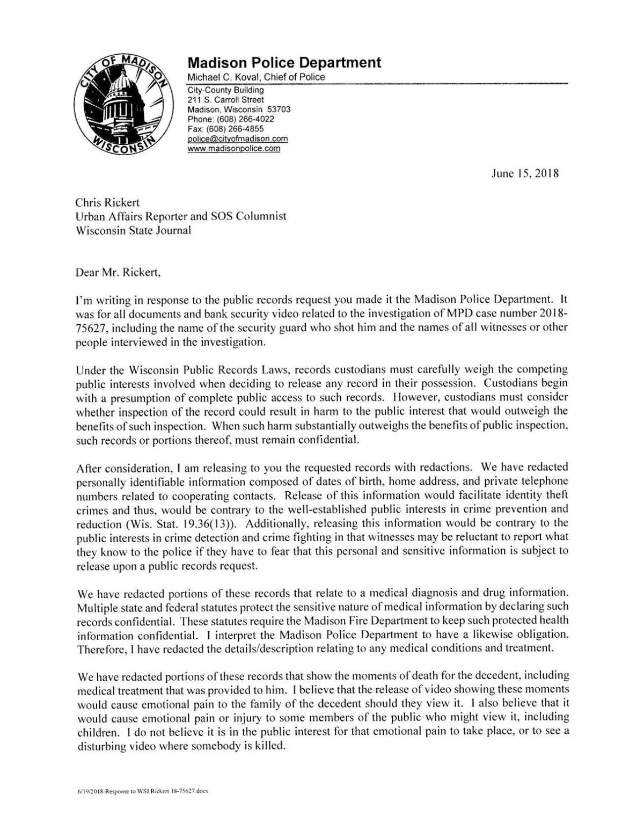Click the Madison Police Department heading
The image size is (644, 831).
tap(284, 63)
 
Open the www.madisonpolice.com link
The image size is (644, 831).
tap(233, 148)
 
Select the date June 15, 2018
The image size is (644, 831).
tap(525, 173)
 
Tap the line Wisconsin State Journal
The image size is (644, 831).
tap(134, 230)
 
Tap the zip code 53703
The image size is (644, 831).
tap(279, 110)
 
